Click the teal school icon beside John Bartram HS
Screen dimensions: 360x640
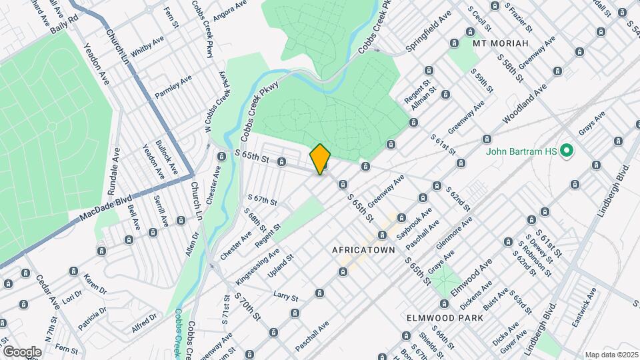(567, 151)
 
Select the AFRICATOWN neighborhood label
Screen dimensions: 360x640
(363, 249)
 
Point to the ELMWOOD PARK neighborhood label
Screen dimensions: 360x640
(445, 319)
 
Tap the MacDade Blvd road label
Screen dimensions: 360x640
(105, 206)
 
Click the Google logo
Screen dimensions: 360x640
(22, 351)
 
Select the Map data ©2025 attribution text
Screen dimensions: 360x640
(611, 355)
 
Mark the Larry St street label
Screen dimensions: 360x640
(284, 294)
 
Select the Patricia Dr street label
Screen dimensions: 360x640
(91, 321)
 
